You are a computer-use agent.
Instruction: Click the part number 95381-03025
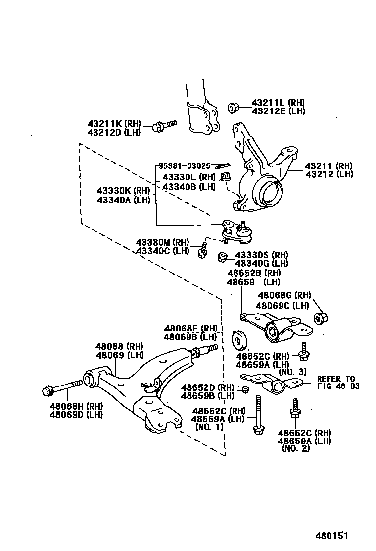[x=185, y=166]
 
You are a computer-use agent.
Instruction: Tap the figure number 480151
[x=332, y=536]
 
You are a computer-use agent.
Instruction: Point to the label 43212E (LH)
[x=278, y=111]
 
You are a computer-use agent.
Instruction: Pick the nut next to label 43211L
[x=234, y=108]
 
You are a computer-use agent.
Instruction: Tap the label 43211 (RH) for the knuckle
[x=329, y=166]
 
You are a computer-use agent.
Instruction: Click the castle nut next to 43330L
[x=226, y=176]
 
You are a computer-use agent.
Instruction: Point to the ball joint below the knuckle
[x=235, y=232]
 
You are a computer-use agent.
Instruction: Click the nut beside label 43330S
[x=223, y=257]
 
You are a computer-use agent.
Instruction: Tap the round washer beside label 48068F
[x=240, y=338]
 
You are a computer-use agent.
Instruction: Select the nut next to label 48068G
[x=321, y=317]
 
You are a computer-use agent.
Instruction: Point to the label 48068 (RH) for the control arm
[x=119, y=346]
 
